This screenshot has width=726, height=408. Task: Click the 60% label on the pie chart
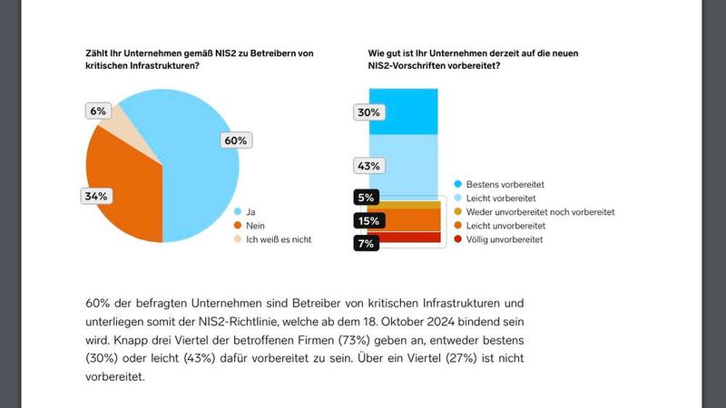[x=235, y=141]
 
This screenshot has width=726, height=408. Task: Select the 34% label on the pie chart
[x=97, y=196]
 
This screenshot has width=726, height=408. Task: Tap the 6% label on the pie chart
[x=98, y=111]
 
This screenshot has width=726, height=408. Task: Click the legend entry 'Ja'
[x=249, y=210]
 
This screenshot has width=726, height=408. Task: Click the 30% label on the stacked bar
[x=369, y=112]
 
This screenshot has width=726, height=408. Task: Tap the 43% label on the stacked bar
[x=369, y=166]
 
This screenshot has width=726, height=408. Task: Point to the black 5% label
[x=367, y=198]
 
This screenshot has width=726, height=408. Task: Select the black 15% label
[x=368, y=220]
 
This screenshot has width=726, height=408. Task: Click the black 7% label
[x=367, y=244]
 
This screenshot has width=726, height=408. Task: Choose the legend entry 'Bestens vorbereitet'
[x=509, y=183]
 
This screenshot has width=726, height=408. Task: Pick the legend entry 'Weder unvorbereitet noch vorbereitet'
[x=540, y=211]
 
